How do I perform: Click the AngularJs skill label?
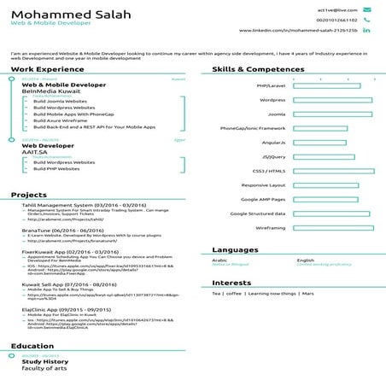272,143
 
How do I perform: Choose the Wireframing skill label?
270,228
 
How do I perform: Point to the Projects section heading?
29,195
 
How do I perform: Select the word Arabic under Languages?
219,260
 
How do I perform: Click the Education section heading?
32,346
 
